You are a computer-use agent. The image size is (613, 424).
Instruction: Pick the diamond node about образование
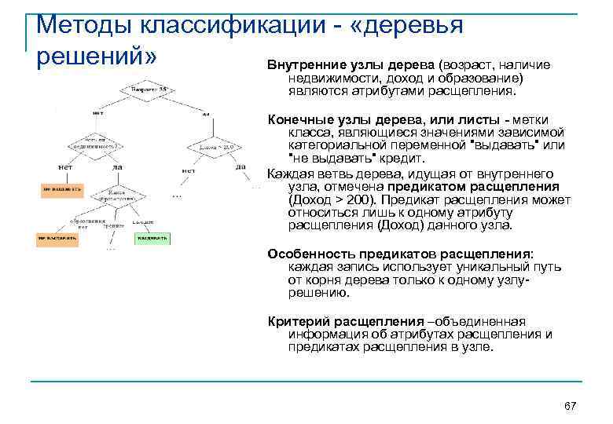click(x=116, y=194)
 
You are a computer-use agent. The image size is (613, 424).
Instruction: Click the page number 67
click(x=571, y=405)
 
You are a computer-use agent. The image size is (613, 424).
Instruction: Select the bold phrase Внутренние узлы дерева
click(x=351, y=64)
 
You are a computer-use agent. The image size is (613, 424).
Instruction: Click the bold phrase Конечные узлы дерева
click(x=345, y=119)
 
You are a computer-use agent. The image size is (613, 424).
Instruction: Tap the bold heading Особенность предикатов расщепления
click(x=399, y=254)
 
